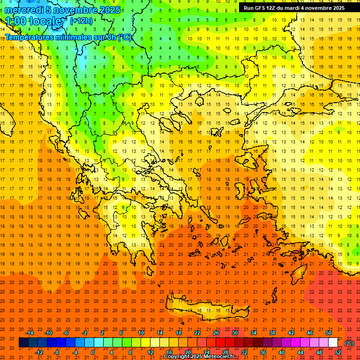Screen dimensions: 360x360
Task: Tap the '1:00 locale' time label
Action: click(33, 21)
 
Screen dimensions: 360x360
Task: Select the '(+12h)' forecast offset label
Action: click(81, 21)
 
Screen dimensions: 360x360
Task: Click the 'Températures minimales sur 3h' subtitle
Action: click(68, 37)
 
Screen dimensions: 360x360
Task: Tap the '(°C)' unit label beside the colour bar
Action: click(349, 343)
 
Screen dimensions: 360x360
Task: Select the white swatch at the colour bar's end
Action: click(333, 343)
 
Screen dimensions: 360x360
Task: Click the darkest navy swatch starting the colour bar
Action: click(23, 343)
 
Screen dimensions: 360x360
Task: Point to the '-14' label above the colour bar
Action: click(30, 333)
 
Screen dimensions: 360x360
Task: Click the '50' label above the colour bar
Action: click(328, 333)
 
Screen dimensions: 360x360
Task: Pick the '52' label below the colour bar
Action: click(338, 352)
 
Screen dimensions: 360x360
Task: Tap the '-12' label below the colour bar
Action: click(39, 352)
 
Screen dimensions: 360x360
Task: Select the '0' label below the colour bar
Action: click(93, 352)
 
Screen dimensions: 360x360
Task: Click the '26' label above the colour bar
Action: click(216, 333)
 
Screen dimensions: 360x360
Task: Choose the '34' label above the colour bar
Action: click(253, 333)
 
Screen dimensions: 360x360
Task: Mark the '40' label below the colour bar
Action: click(281, 352)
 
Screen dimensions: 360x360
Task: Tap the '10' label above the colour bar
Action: click(141, 333)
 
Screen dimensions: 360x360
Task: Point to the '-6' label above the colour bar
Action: click(67, 333)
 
